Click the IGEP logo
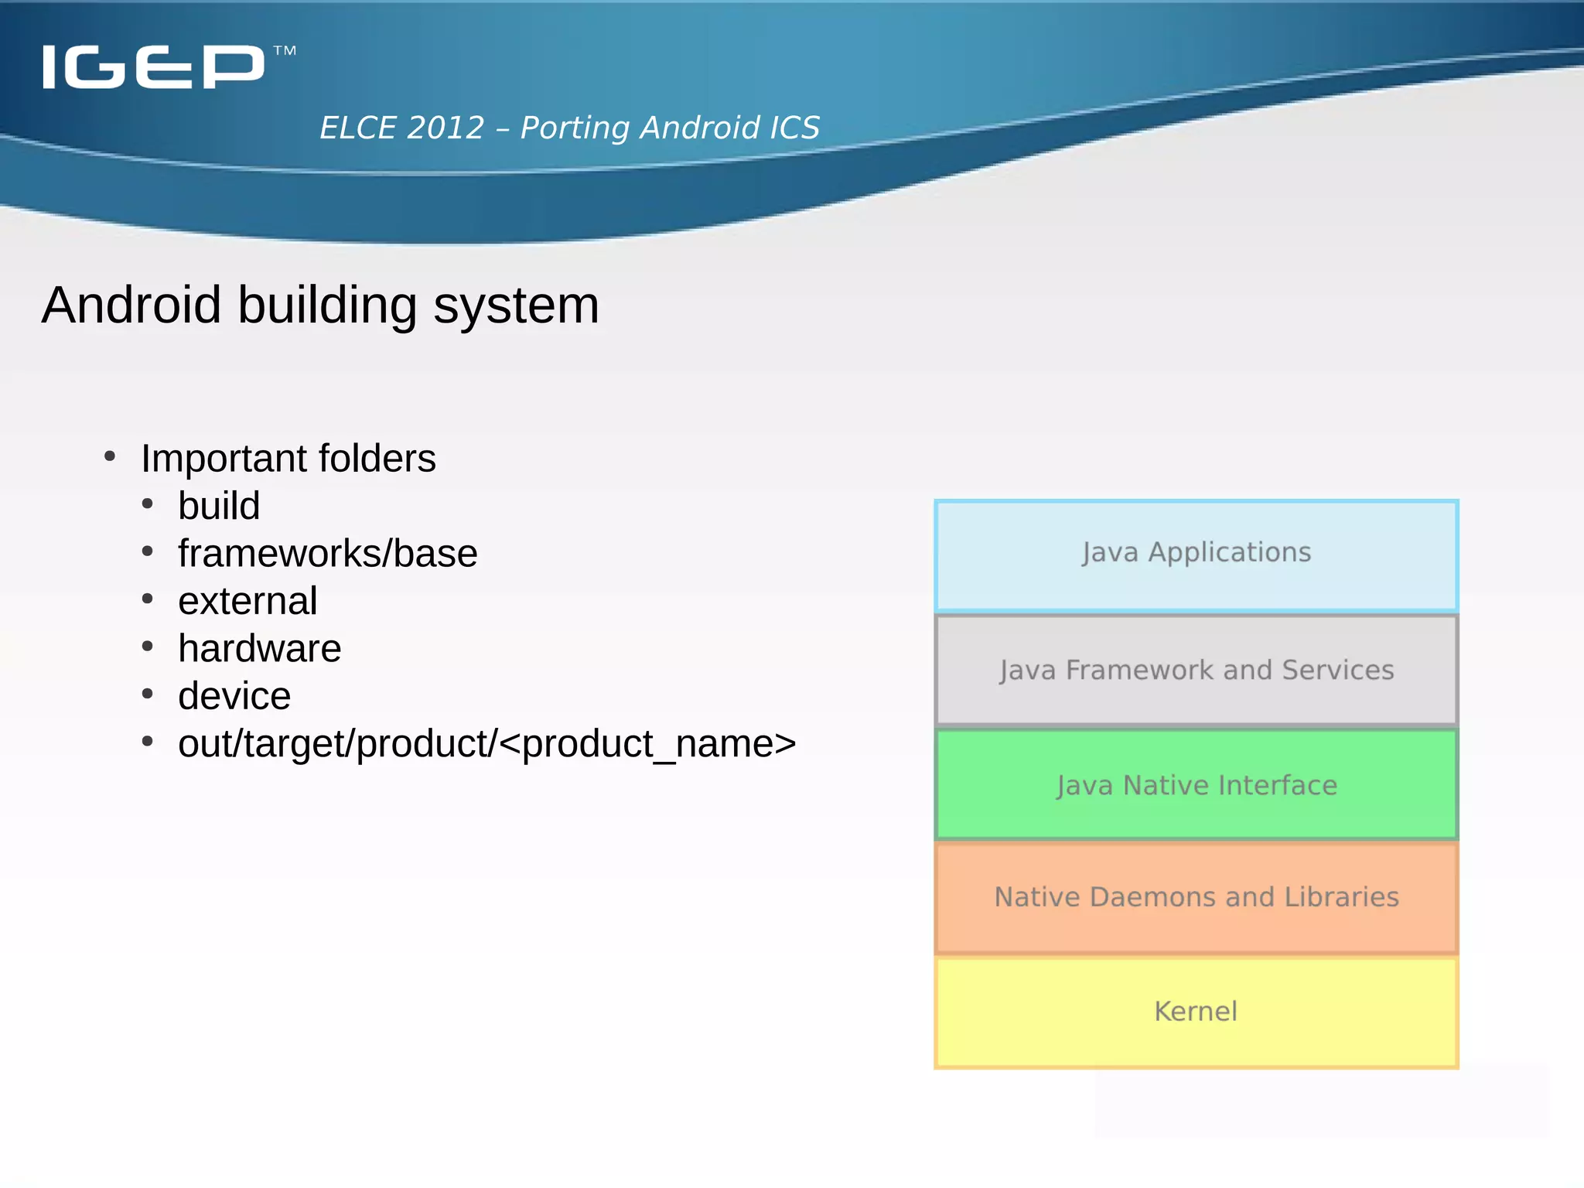(153, 67)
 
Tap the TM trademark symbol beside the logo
(285, 52)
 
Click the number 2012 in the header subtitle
(445, 128)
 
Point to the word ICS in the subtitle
(794, 128)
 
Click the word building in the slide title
(328, 306)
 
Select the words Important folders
(288, 459)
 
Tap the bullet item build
(219, 507)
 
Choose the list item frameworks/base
(327, 554)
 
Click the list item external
(247, 602)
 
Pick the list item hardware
(259, 649)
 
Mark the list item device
(234, 696)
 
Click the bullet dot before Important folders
(110, 456)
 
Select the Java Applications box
(1196, 555)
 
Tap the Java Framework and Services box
(1196, 670)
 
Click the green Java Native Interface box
(1196, 785)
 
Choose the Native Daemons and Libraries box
(1196, 897)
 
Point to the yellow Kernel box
(1196, 1012)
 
